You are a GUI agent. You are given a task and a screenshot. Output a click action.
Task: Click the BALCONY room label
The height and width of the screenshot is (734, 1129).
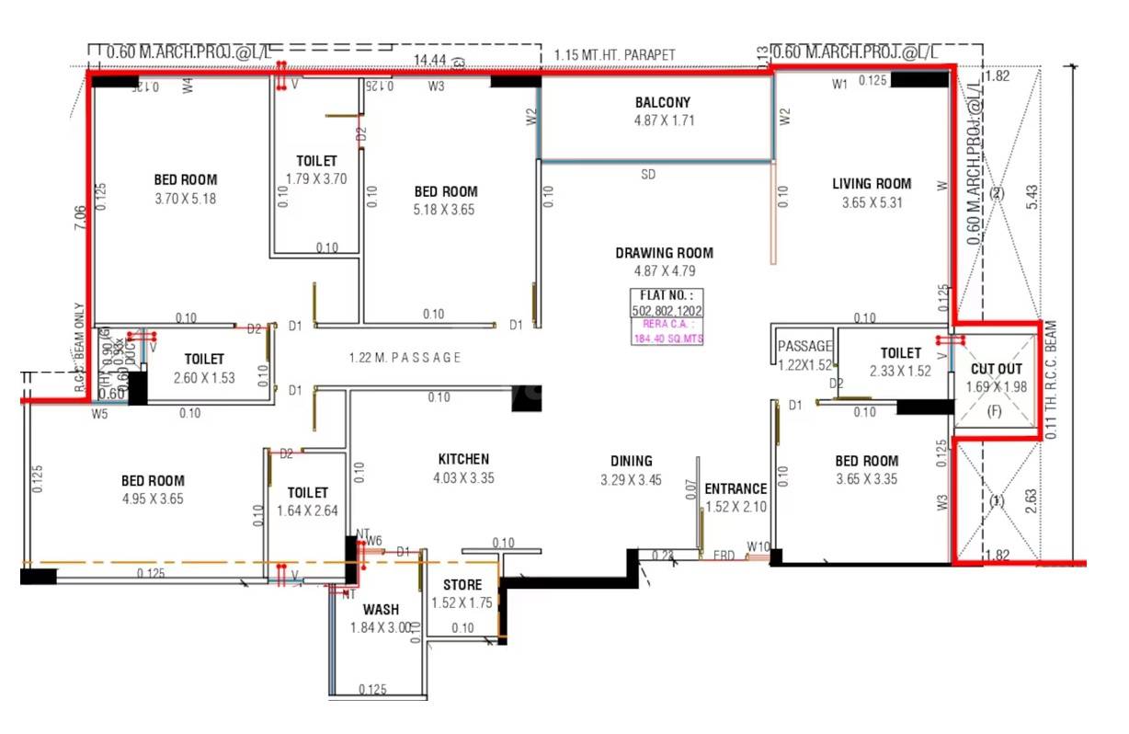point(662,102)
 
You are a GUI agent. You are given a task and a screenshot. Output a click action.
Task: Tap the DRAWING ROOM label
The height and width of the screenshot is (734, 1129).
point(664,253)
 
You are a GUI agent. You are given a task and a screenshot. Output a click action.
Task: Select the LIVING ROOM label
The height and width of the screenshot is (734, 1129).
point(872,184)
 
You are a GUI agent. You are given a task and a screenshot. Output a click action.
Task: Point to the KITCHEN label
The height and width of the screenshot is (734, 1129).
point(463,459)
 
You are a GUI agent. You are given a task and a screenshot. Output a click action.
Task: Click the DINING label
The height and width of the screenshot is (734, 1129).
point(631,461)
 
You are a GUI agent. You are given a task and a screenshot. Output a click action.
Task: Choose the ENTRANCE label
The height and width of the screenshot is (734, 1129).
point(735,488)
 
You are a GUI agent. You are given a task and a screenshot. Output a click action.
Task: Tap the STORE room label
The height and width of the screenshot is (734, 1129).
point(462,585)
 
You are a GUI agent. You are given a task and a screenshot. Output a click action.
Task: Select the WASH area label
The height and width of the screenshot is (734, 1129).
point(381,609)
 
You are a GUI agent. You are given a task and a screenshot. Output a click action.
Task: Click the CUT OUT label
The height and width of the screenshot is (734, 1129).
point(996,369)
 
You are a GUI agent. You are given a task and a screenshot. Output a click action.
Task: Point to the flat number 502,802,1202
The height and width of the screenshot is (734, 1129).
point(665,311)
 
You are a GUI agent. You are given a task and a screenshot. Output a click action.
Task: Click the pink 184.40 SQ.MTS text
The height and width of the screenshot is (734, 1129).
point(665,338)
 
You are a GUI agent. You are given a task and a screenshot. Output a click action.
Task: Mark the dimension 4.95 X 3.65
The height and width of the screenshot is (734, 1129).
point(153,499)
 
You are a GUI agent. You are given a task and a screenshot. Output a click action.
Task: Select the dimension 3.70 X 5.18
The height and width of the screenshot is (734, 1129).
point(185,199)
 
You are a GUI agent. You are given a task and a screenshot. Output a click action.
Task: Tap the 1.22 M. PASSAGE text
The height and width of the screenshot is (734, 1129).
point(405,358)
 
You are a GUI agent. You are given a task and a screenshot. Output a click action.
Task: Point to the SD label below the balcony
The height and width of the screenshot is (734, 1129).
point(648,174)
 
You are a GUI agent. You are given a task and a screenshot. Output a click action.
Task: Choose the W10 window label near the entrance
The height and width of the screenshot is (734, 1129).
point(758,547)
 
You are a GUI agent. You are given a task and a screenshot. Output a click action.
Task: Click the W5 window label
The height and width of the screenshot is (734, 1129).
point(99,414)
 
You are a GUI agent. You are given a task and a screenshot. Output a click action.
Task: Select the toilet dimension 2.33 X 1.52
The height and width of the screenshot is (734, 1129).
point(900,372)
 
